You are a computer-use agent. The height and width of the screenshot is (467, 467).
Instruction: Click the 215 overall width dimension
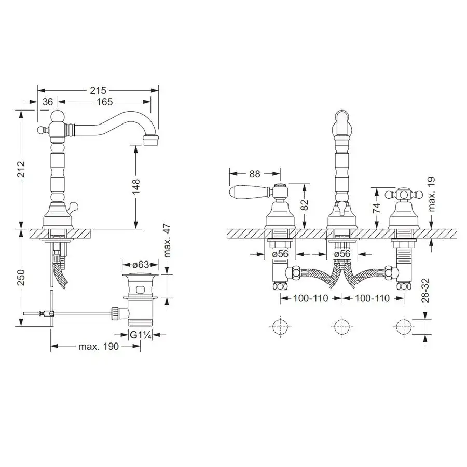98,90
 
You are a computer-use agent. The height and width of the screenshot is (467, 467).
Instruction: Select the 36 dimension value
47,102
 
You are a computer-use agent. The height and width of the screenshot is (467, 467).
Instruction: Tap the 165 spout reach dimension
104,102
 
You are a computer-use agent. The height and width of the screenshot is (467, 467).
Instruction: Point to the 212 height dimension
21,169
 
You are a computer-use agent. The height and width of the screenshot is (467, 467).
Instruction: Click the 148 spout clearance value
136,187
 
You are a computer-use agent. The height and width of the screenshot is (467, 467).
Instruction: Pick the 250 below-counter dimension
21,277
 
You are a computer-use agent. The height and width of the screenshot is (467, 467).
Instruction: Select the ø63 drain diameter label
141,264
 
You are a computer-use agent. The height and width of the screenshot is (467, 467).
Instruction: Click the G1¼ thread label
141,335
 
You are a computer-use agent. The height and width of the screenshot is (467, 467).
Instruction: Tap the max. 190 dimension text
99,347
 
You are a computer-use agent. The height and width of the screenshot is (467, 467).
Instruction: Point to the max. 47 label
168,240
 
